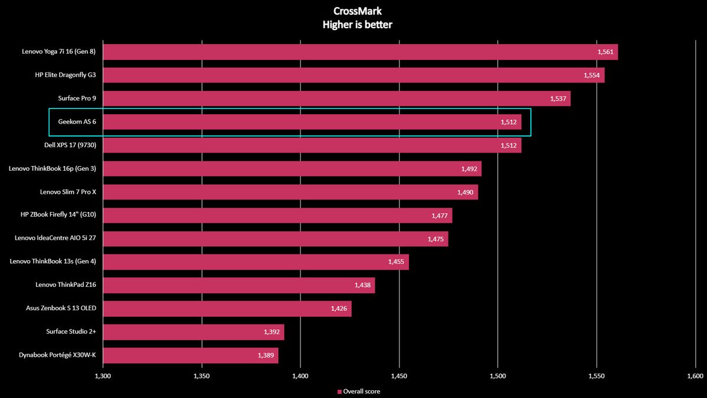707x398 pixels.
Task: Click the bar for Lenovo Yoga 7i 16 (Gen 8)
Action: pos(360,52)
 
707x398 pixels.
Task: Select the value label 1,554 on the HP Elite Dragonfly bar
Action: pos(592,75)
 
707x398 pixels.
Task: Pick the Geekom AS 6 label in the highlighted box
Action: pos(77,122)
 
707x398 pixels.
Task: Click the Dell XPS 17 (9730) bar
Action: pos(312,145)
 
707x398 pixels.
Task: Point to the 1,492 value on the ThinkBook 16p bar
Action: pos(470,169)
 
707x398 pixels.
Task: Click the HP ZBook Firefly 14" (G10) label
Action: pos(58,215)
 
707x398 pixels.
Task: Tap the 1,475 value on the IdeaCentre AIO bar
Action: pos(437,239)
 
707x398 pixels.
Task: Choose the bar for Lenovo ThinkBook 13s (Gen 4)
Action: pos(256,262)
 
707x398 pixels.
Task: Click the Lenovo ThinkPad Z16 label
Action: pos(66,285)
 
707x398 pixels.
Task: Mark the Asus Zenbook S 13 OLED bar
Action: pos(227,309)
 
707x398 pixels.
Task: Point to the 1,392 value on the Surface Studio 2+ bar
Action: pos(272,332)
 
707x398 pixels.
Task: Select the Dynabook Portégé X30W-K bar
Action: pos(190,355)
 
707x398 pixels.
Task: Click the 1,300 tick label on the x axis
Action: pos(103,376)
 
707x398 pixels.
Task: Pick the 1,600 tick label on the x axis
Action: pos(695,376)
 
